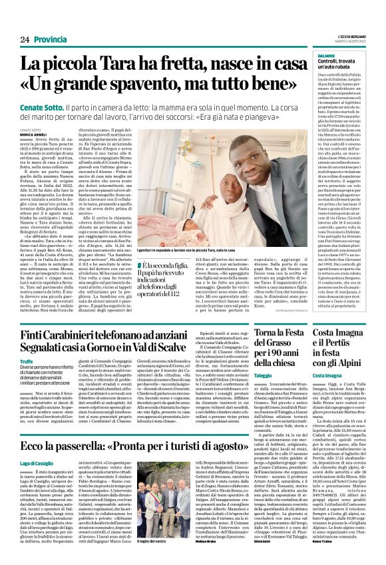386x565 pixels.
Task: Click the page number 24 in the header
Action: [24, 39]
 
